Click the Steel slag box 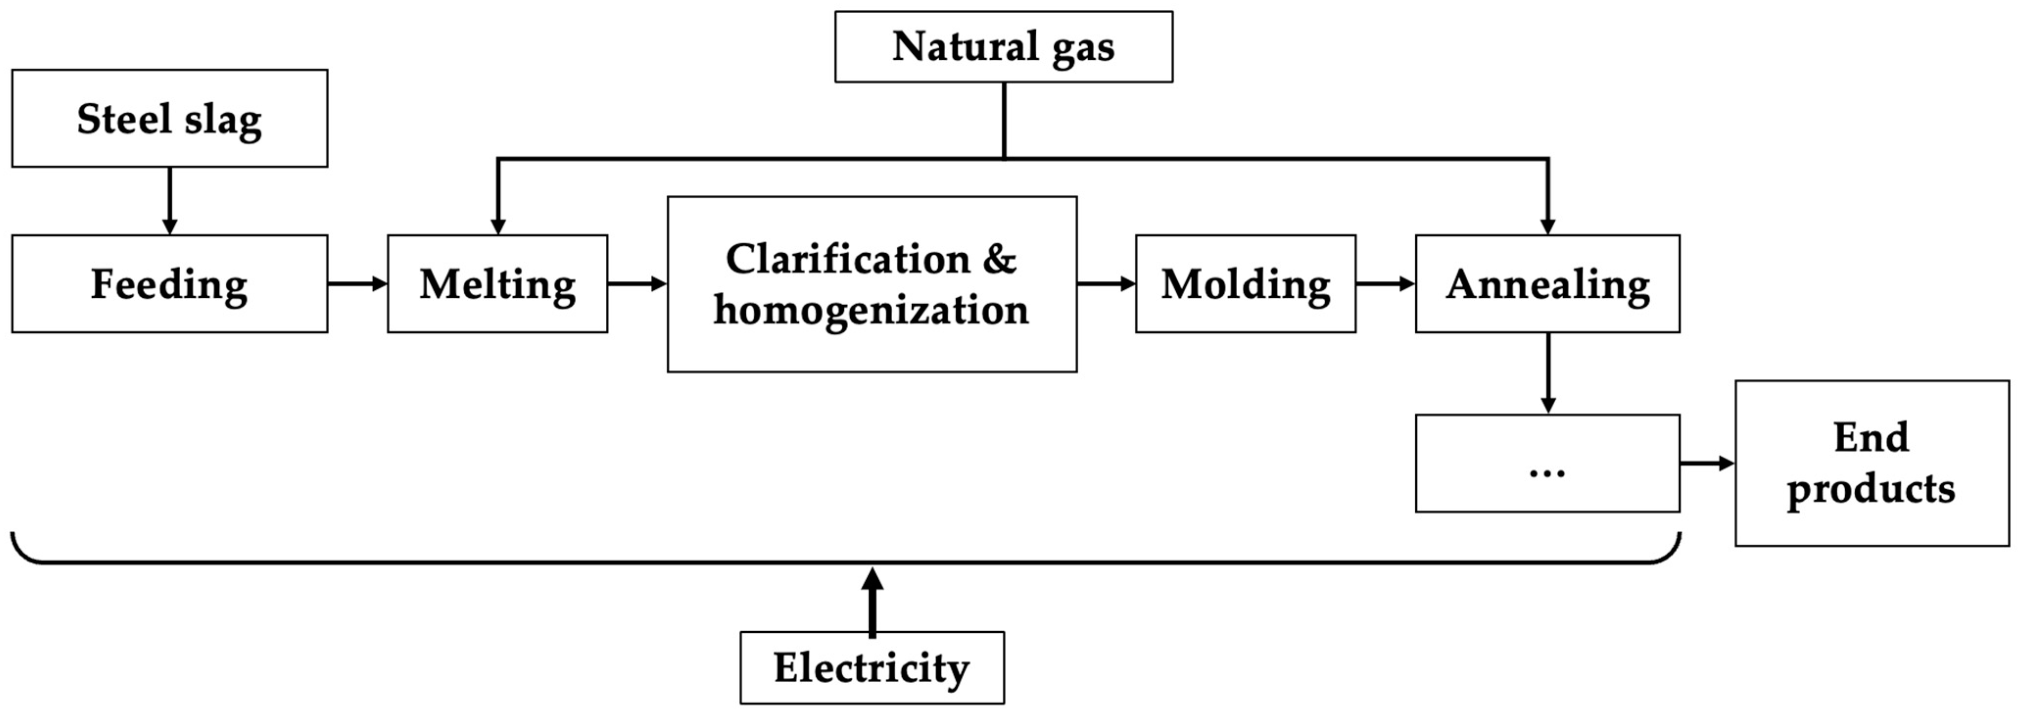pos(169,119)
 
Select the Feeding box pos(169,284)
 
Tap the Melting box pos(497,284)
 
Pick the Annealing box pos(1547,284)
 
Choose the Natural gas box pos(1003,47)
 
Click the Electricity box pos(871,667)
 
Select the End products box pos(1871,463)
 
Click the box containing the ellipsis pos(1547,463)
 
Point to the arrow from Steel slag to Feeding pos(169,201)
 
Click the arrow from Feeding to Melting pos(357,284)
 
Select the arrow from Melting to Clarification pos(637,284)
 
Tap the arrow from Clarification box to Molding pos(1106,284)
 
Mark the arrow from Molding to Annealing pos(1385,284)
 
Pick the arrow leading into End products pos(1707,463)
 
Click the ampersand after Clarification pos(999,259)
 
